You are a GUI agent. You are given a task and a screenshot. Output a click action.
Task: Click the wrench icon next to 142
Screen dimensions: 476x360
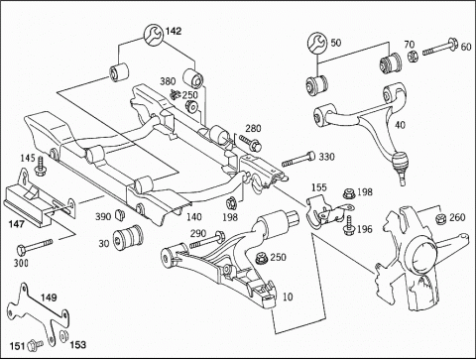coord(153,34)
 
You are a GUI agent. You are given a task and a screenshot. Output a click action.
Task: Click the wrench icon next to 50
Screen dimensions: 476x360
coord(317,43)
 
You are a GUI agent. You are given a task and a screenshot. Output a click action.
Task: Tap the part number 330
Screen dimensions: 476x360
coord(326,157)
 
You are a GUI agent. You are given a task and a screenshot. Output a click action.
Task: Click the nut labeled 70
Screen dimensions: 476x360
coord(412,58)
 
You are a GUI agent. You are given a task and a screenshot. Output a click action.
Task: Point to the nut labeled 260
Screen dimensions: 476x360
coord(440,219)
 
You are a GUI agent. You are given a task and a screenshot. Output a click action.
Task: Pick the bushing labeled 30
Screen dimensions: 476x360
coord(128,238)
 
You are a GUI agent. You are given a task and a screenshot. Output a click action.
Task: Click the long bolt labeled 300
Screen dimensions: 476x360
coord(35,246)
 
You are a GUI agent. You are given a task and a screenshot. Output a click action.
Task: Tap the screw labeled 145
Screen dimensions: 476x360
coord(41,167)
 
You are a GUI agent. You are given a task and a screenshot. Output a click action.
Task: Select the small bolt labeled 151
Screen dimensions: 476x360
coord(36,345)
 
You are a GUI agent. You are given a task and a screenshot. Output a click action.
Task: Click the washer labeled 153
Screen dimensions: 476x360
coord(63,335)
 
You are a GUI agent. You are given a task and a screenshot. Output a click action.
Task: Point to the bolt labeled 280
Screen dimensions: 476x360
coord(251,143)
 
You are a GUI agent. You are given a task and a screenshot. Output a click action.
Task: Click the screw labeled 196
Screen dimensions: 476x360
coord(348,226)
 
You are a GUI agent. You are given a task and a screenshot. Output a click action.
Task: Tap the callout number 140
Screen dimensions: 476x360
coord(194,216)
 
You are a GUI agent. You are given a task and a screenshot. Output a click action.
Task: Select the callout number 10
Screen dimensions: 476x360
coord(288,297)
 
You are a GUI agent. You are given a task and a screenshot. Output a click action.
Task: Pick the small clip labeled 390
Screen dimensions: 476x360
coord(120,215)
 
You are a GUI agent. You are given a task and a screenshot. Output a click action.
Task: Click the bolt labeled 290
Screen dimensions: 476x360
coord(207,240)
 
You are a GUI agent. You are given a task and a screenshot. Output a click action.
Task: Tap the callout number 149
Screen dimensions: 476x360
coord(49,298)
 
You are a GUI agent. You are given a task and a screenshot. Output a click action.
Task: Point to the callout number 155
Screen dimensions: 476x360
coord(319,187)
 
